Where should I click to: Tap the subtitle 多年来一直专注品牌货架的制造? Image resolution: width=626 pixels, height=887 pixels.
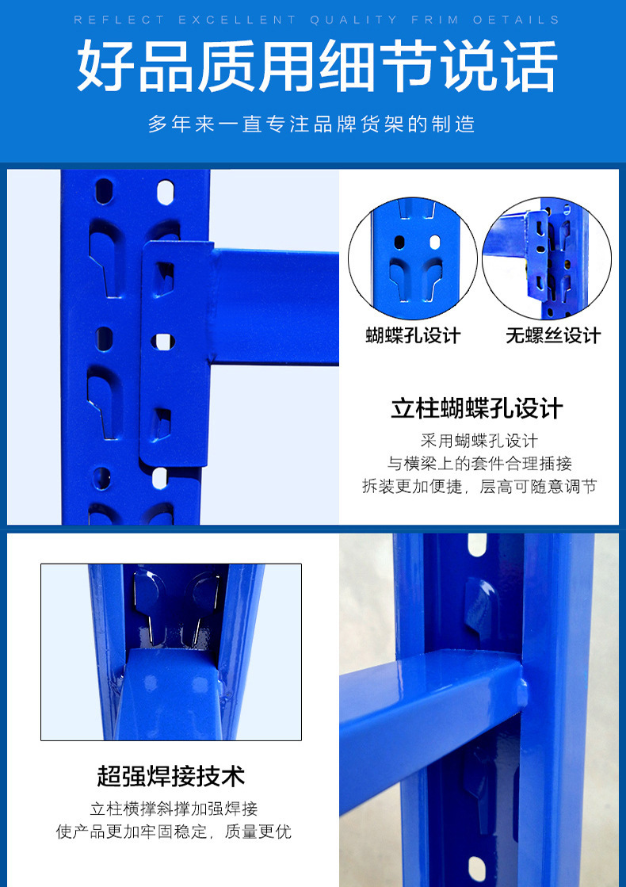[x=311, y=124]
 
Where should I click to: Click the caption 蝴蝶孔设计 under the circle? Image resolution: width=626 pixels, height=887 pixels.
[x=413, y=335]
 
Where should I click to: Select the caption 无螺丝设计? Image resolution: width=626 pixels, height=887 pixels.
[x=553, y=335]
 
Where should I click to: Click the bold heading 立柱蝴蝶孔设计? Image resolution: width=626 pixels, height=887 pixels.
[x=477, y=409]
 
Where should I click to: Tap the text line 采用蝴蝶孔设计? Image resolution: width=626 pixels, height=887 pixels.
[x=479, y=441]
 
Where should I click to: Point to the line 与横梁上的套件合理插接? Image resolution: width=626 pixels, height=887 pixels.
[x=479, y=464]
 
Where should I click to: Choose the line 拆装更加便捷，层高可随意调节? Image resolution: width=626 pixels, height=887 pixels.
[x=479, y=487]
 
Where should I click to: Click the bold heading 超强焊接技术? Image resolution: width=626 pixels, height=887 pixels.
[x=170, y=775]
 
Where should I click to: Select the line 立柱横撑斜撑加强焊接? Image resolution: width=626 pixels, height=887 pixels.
[x=174, y=809]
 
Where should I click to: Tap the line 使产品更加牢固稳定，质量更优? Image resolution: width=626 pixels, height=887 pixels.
[x=174, y=832]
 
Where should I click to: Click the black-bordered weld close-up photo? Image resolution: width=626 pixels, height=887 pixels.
[x=171, y=652]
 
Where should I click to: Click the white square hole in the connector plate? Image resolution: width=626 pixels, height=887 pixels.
[x=164, y=342]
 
